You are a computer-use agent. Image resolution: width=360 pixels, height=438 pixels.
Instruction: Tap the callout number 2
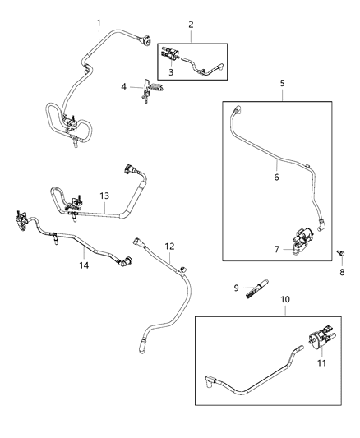[191, 25]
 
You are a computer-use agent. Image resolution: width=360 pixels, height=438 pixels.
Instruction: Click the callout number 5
[282, 83]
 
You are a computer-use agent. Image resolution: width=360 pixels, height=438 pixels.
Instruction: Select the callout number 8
[342, 272]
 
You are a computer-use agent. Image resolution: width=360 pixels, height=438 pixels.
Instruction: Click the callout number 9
[236, 287]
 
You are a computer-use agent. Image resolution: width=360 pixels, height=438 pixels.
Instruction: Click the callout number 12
[170, 246]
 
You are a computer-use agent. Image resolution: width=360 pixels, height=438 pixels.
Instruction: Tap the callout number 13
[104, 196]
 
